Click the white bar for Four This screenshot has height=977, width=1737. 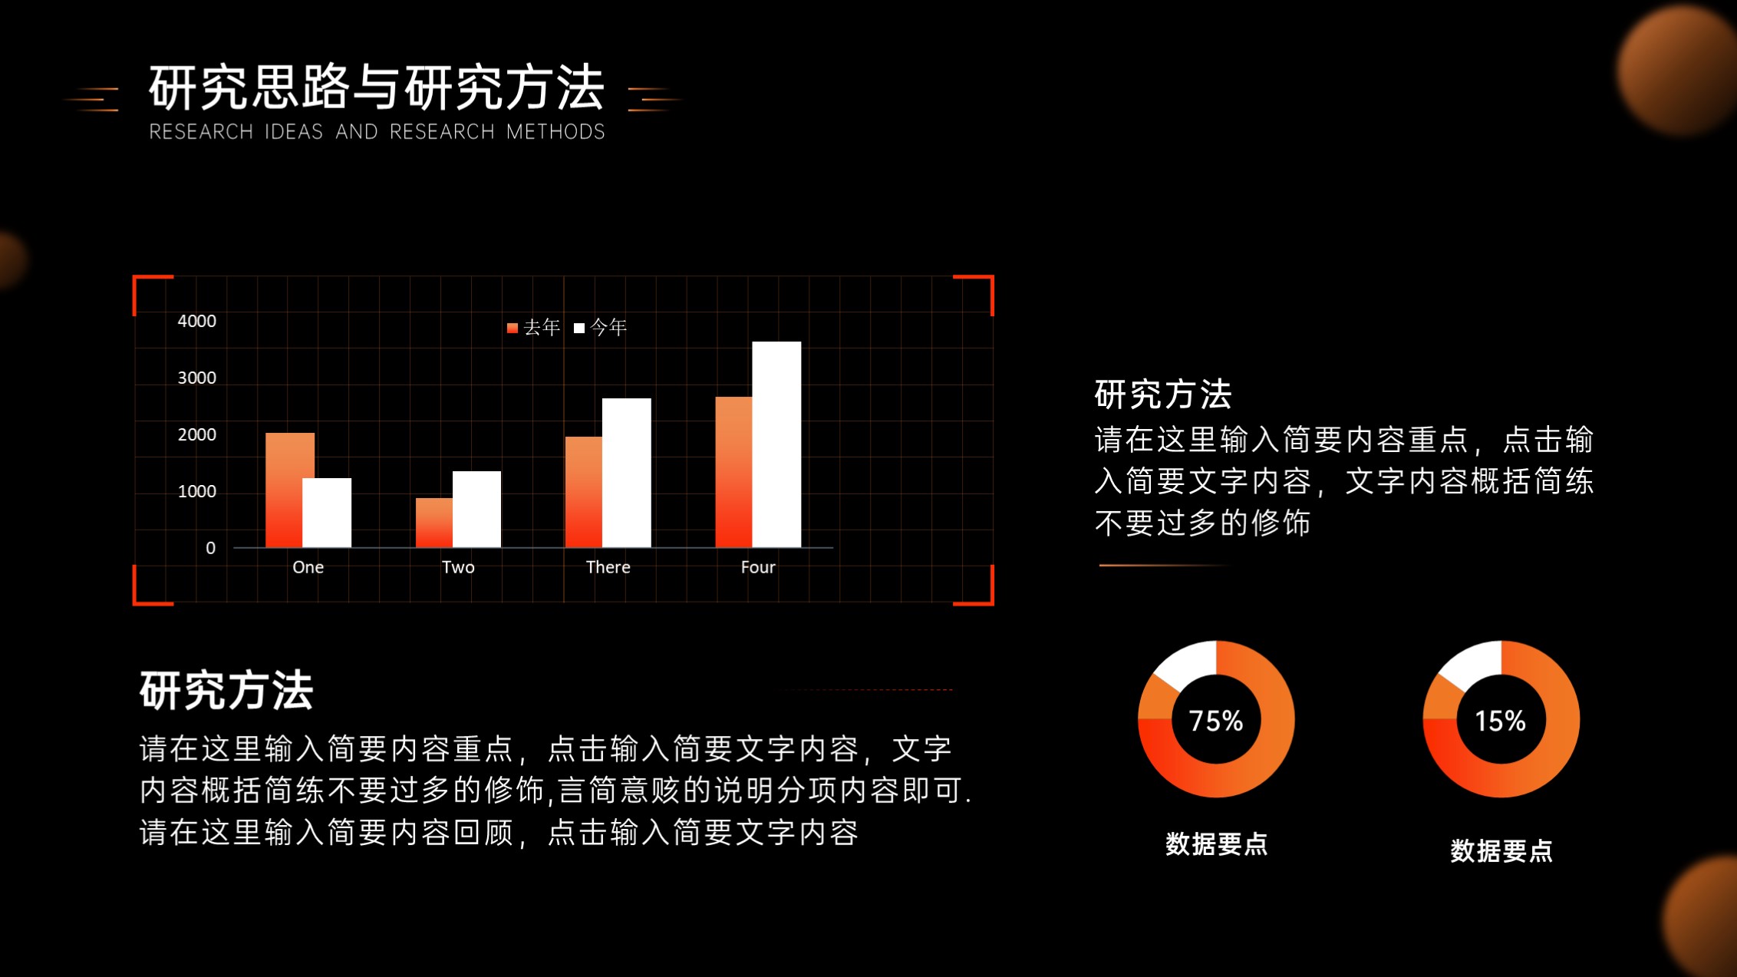click(x=776, y=444)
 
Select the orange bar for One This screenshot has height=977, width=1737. click(x=290, y=490)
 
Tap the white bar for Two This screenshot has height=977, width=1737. click(x=476, y=509)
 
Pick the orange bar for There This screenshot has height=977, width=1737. click(x=584, y=492)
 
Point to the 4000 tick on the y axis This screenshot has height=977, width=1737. click(x=196, y=321)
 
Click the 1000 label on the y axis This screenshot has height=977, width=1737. click(x=196, y=491)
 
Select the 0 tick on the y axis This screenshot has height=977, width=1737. click(x=210, y=548)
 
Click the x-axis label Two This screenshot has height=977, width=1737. click(x=458, y=567)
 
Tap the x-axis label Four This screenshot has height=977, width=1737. click(x=758, y=567)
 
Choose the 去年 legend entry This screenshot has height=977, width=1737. click(x=533, y=328)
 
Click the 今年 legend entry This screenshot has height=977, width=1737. click(x=600, y=328)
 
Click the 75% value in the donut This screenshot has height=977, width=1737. click(x=1216, y=721)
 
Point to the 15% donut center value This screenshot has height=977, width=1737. click(x=1501, y=721)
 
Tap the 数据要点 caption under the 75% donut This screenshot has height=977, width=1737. click(x=1216, y=844)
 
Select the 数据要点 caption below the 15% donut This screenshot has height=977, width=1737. click(x=1501, y=851)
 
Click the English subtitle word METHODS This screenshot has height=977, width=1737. click(x=555, y=132)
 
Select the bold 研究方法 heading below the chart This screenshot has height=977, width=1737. click(x=226, y=690)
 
